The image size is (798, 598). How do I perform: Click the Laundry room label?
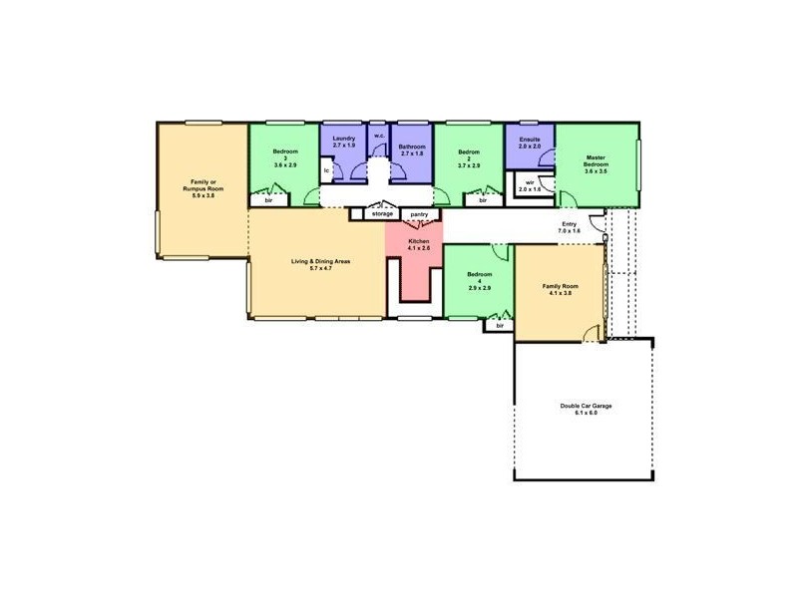pos(344,140)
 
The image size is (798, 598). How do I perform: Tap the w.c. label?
pos(379,137)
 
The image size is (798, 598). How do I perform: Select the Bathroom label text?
pos(412,147)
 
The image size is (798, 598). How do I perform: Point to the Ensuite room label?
pos(530,140)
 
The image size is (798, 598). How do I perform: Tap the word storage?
pos(382,213)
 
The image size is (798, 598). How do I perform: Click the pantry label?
pos(419,213)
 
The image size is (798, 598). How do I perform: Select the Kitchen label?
pos(419,241)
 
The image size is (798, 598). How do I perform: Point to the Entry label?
pos(570,224)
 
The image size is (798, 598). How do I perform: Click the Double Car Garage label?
pos(586,407)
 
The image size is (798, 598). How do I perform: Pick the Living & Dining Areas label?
pos(320,261)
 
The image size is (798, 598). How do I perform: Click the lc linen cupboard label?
pos(327,170)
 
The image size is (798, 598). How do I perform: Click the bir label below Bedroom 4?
pos(499,326)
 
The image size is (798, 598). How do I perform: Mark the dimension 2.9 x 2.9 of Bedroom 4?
pos(479,287)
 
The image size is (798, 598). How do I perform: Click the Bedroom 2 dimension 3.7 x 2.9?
pos(469,165)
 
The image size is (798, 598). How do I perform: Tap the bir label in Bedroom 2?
pos(483,200)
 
